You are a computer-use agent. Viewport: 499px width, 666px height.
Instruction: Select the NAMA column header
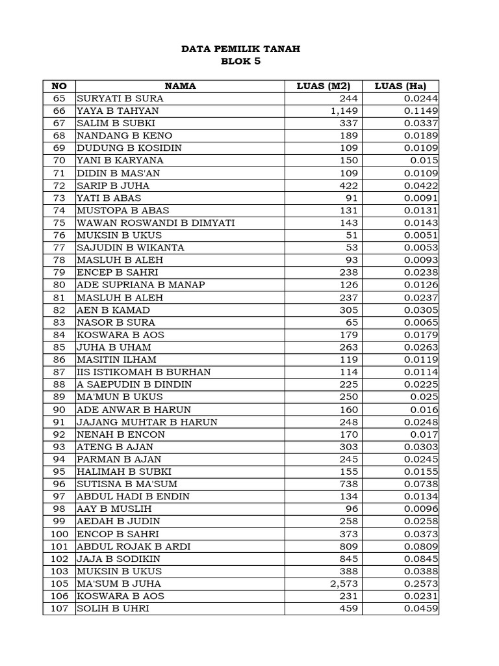point(180,86)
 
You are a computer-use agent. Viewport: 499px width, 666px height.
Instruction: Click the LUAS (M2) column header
point(323,86)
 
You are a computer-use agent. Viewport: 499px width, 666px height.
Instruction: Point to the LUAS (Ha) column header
point(400,86)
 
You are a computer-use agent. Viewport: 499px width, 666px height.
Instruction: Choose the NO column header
point(59,86)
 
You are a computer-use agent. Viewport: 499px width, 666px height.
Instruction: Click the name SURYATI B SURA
point(120,98)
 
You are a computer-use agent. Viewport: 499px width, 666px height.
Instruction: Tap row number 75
point(59,222)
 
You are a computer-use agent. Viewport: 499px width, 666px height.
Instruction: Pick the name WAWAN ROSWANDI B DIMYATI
point(156,222)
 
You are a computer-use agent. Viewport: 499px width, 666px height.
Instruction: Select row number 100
point(59,534)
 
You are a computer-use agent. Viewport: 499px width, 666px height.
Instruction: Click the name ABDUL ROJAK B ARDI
point(133,546)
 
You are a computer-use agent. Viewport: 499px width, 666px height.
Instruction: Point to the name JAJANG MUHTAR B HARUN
point(147,422)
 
